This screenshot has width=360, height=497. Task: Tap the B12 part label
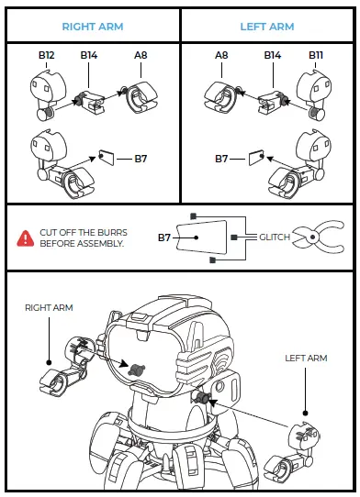(x=47, y=56)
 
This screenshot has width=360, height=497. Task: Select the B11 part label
(x=315, y=56)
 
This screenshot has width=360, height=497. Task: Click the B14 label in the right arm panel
(x=89, y=56)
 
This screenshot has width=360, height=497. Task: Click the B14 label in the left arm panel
(x=273, y=56)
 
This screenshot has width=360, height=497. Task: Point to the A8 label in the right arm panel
(x=141, y=56)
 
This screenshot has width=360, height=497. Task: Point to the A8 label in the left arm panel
(x=221, y=56)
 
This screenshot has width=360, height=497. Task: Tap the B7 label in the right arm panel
(x=141, y=159)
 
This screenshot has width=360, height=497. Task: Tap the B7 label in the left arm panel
(x=221, y=159)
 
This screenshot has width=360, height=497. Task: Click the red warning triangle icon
(x=25, y=238)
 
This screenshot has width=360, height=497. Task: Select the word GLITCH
(x=274, y=237)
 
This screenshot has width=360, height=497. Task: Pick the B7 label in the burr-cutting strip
(x=164, y=237)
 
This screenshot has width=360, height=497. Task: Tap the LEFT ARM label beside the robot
(x=306, y=358)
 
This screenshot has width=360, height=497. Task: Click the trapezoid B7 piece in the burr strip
(x=203, y=237)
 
